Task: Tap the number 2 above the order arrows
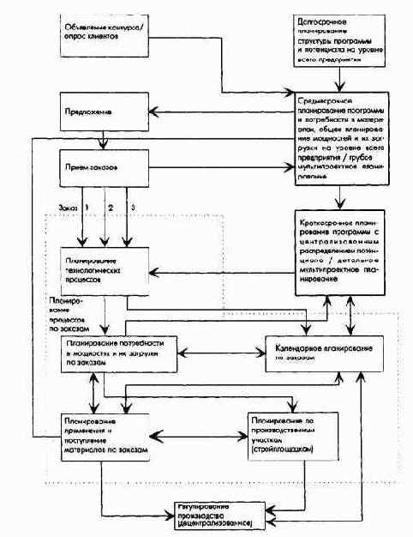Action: tap(110, 207)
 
